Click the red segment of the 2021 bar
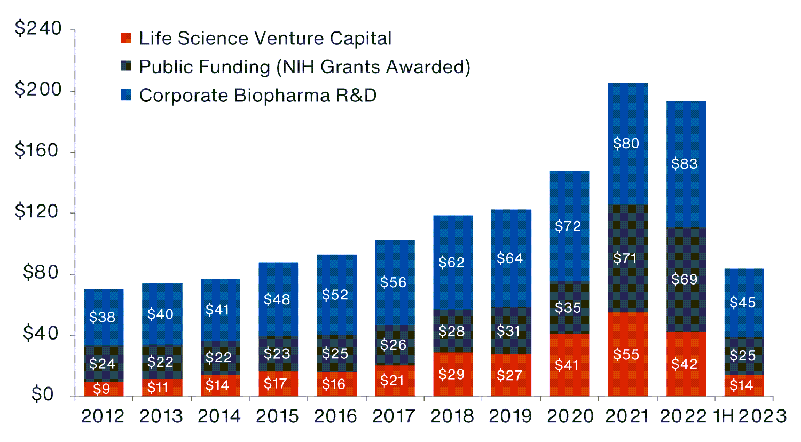628,354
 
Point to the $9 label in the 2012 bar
101,389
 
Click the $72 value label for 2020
568,226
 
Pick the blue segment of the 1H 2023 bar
743,303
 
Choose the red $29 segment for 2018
452,374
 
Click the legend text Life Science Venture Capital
265,38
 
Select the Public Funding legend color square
126,67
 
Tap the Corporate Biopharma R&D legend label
258,96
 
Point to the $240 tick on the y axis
38,29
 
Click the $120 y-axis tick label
38,212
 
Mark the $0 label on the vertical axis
43,394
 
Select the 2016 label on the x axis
335,416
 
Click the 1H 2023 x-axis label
750,416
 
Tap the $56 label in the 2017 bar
394,282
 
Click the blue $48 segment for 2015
278,299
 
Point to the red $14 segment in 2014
220,385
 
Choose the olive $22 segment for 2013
162,362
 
